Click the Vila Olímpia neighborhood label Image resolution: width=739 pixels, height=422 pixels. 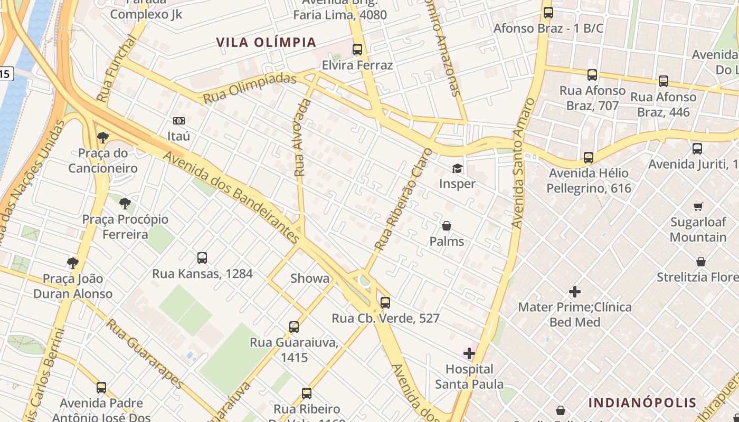266,42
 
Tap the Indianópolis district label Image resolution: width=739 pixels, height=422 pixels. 642,403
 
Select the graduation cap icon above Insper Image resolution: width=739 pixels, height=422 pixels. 457,168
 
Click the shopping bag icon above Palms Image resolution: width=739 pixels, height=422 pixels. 447,226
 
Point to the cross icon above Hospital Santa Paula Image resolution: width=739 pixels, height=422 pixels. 469,353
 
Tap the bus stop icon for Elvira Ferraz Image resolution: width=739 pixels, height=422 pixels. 357,50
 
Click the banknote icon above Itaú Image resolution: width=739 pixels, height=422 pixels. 179,121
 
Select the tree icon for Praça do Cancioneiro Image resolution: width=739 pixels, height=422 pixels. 103,138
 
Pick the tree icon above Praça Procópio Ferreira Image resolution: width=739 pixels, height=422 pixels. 125,203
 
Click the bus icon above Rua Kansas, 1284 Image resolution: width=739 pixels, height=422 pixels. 202,258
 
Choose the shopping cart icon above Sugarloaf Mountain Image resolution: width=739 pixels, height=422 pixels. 698,206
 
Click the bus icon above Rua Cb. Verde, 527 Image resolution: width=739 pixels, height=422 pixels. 385,303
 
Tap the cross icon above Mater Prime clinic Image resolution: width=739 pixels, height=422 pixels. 575,291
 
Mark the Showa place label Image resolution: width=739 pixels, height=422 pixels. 310,279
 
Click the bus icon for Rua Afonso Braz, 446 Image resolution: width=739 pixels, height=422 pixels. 663,81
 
